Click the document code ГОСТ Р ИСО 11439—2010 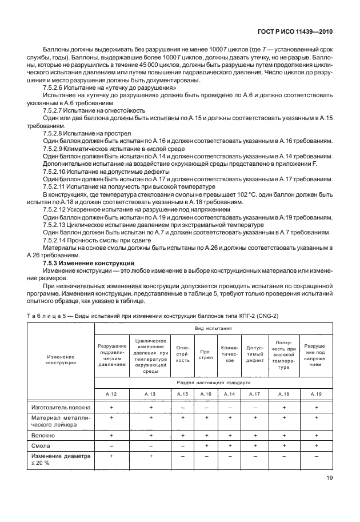pos(295,33)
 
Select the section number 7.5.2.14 pos(57,240)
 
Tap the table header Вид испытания pos(211,329)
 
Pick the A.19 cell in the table pos(316,394)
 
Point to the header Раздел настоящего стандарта pos(211,380)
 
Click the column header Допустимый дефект pos(255,354)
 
